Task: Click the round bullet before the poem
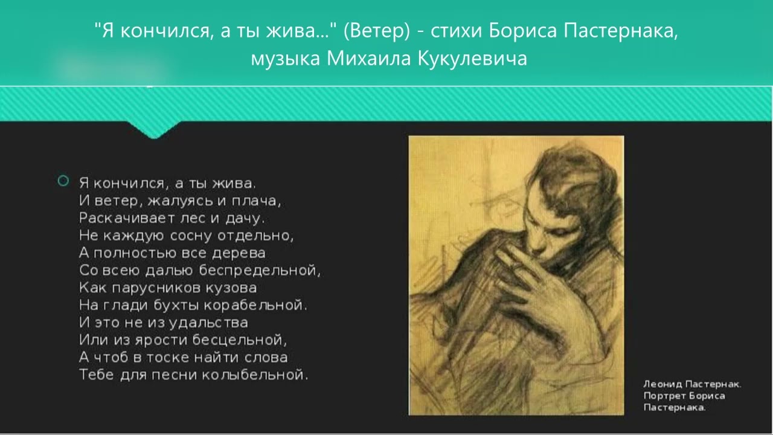[63, 181]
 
